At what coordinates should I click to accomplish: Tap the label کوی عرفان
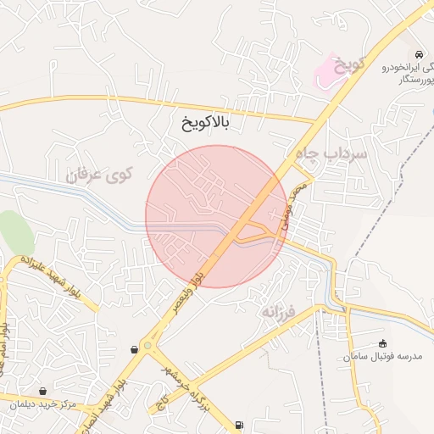pyautogui.click(x=100, y=175)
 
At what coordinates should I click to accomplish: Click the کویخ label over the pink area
pyautogui.click(x=348, y=65)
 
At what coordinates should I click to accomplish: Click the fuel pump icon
pyautogui.click(x=239, y=425)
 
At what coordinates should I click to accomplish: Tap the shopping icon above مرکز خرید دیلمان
pyautogui.click(x=42, y=391)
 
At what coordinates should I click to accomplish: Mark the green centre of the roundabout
pyautogui.click(x=149, y=346)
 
